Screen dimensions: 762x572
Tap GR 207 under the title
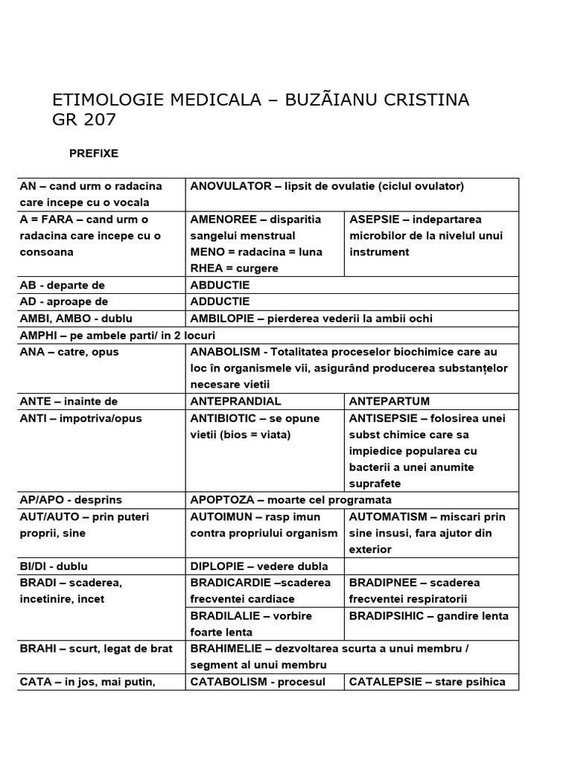84,120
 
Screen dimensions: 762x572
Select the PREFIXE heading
93,153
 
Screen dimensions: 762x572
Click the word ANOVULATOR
231,186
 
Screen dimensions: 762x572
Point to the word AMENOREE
222,219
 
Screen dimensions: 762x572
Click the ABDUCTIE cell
220,285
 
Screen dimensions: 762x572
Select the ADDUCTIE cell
220,301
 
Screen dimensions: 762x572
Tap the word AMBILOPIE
222,318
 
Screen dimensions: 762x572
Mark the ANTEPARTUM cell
390,402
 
